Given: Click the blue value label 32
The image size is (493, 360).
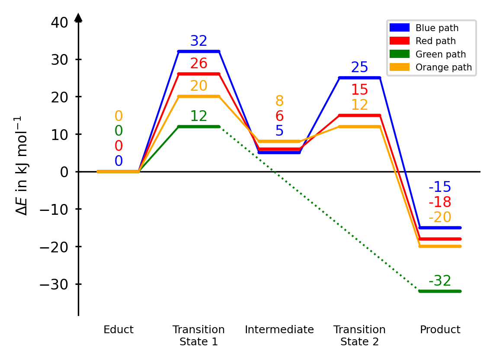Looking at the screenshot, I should click(198, 41).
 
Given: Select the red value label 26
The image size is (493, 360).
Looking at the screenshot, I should click(198, 64).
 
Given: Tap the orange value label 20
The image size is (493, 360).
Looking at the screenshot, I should click(198, 86).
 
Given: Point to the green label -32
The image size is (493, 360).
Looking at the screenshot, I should click(440, 281).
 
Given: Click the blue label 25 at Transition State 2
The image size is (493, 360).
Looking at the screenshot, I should click(359, 68).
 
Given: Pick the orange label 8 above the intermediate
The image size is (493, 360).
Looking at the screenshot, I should click(279, 102).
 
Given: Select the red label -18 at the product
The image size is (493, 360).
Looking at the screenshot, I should click(440, 202).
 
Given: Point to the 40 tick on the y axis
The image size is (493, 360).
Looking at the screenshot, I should click(59, 22).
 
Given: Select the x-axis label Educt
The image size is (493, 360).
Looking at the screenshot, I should click(118, 330).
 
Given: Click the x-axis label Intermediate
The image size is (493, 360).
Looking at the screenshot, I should click(279, 330).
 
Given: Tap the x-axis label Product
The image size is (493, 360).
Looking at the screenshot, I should click(440, 330).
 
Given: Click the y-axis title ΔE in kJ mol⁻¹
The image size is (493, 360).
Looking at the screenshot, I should click(22, 166).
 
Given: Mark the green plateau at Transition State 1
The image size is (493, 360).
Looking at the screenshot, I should click(198, 127).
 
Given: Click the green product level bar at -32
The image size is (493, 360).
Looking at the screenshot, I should click(440, 291).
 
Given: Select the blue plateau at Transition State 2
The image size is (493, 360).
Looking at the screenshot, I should click(359, 78).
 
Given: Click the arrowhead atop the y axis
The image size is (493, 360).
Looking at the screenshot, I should click(78, 17).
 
